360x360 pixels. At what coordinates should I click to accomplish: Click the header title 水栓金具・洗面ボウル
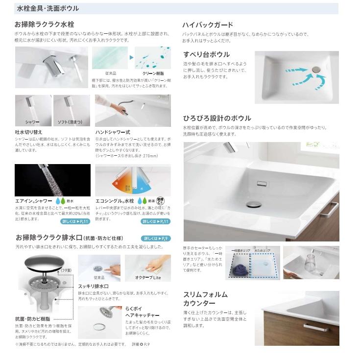pyautogui.click(x=48, y=9)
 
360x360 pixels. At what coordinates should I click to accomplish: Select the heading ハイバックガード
pyautogui.click(x=207, y=25)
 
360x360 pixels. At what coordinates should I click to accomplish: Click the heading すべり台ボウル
pyautogui.click(x=206, y=54)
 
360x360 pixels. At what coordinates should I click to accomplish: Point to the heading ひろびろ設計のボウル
pyautogui.click(x=216, y=119)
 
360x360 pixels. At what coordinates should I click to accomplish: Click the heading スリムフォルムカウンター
pyautogui.click(x=205, y=299)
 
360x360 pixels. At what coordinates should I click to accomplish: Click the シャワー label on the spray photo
pyautogui.click(x=32, y=121)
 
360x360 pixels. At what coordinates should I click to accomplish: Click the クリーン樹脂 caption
pyautogui.click(x=153, y=73)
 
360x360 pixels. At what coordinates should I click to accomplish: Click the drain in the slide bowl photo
pyautogui.click(x=315, y=70)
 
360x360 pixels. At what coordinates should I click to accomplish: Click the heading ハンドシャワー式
pyautogui.click(x=113, y=132)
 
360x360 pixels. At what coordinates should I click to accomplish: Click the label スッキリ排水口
pyautogui.click(x=93, y=286)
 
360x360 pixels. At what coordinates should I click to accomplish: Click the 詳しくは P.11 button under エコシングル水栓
pyautogui.click(x=156, y=222)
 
